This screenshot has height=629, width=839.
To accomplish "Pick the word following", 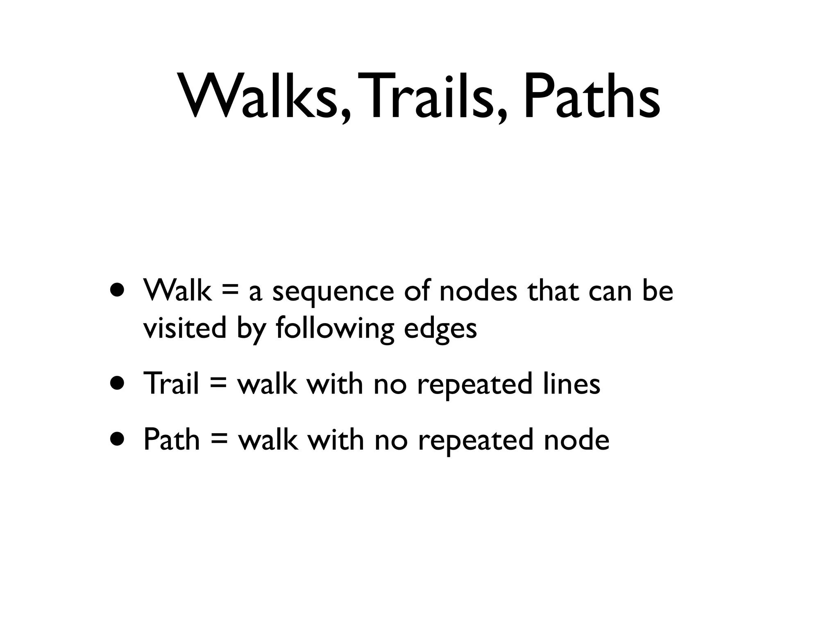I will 334,329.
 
